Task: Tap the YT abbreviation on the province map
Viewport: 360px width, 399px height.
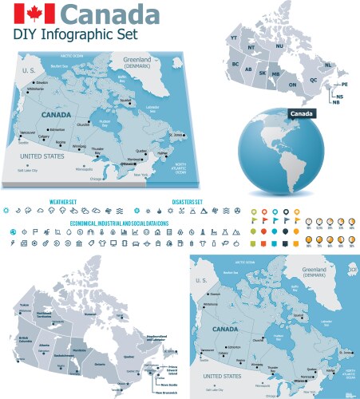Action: (235, 38)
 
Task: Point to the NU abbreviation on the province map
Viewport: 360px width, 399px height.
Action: (279, 47)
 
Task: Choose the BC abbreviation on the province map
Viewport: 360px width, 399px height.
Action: (235, 64)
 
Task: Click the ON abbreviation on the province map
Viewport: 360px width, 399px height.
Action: (292, 84)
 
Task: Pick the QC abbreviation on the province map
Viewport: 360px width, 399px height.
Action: (314, 80)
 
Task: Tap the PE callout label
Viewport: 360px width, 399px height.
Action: (345, 84)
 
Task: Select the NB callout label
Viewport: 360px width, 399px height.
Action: (336, 102)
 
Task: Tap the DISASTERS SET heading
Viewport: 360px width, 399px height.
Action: (187, 202)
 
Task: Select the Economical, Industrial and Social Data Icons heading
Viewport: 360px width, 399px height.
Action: (118, 223)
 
